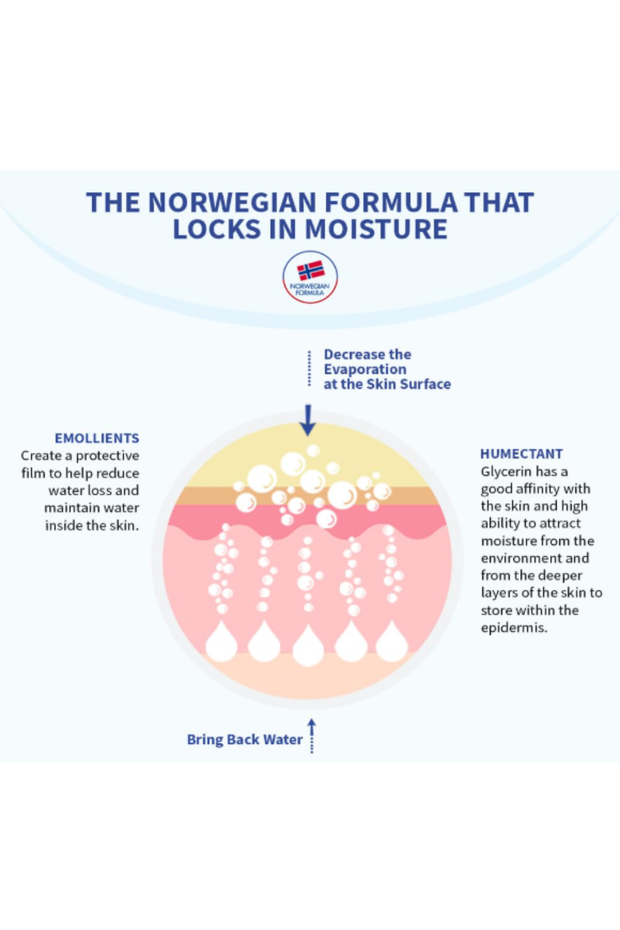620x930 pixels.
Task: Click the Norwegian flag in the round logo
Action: point(311,270)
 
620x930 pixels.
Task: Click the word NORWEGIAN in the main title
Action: point(232,203)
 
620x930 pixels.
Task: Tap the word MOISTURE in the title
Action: point(376,229)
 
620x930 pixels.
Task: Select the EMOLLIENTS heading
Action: point(97,438)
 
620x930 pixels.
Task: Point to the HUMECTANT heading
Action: point(521,454)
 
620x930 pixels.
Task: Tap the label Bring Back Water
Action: point(244,740)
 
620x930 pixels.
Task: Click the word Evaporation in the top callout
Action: point(365,370)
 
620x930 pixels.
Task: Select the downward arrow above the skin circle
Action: point(308,420)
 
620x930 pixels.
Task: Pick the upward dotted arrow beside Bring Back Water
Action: point(312,735)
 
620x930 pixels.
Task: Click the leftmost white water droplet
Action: point(221,642)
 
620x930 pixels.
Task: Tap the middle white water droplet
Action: point(308,645)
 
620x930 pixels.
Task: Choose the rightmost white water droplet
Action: point(392,642)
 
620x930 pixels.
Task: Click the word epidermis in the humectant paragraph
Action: point(514,628)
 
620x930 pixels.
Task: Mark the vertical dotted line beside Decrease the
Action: point(309,369)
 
